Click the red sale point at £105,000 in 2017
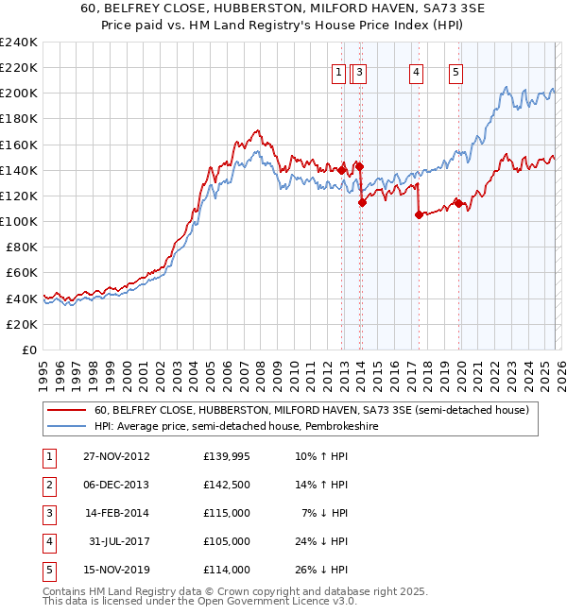[x=419, y=214]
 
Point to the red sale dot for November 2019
[x=457, y=203]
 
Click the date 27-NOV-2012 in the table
[x=117, y=456]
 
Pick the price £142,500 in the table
[x=227, y=485]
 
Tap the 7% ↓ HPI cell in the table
[x=325, y=513]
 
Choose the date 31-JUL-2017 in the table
[x=117, y=541]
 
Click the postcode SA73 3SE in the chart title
[x=414, y=10]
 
